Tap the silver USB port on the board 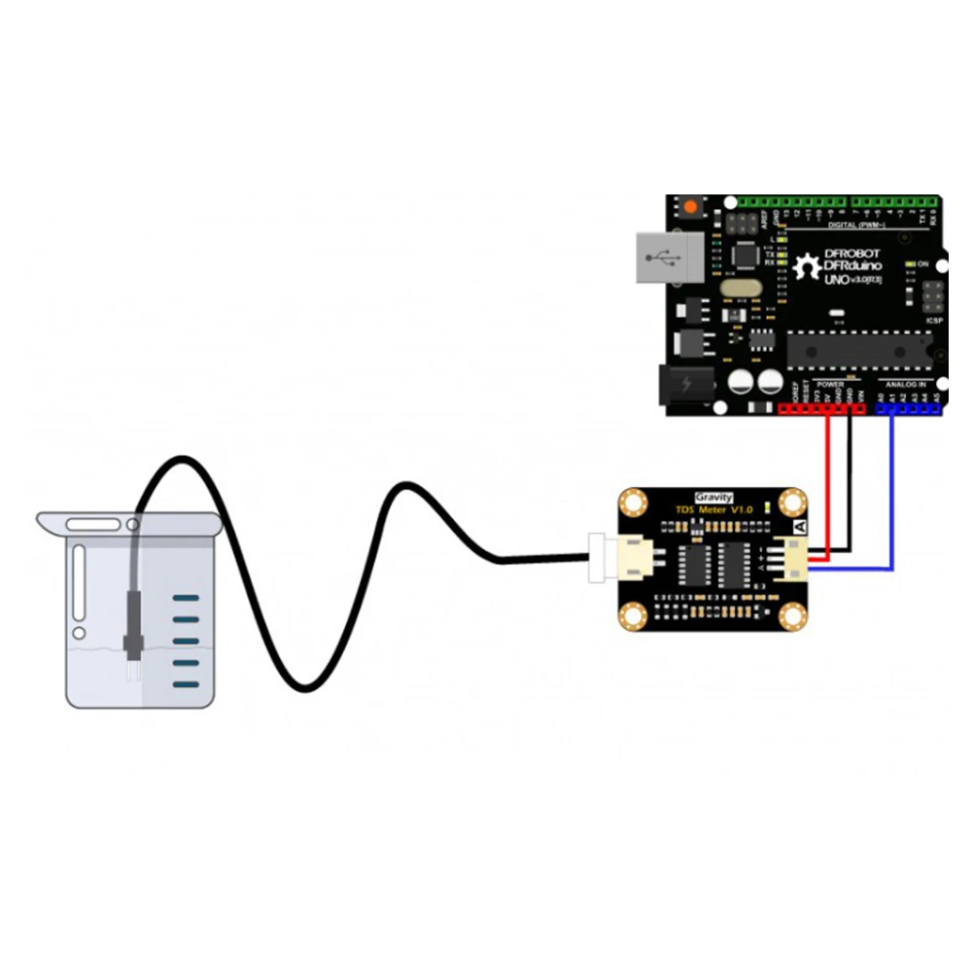pos(669,257)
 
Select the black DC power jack pos(684,385)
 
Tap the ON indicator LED pos(910,264)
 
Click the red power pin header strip pos(821,409)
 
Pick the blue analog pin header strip pos(909,409)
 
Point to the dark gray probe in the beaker pos(129,622)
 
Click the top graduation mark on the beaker pos(186,598)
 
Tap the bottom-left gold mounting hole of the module pos(635,614)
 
